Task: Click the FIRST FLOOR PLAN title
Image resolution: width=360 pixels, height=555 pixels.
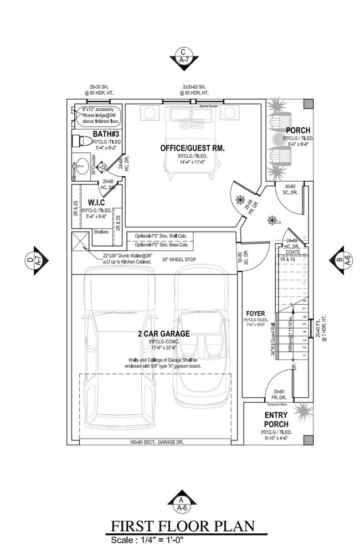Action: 182,525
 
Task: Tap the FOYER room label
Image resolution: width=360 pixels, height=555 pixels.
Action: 255,313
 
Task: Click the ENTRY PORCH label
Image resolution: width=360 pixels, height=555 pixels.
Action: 275,419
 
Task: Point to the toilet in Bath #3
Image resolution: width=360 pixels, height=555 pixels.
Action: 83,141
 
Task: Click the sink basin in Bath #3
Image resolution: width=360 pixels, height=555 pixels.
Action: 81,165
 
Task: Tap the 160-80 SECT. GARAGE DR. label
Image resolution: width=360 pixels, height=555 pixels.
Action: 157,442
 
